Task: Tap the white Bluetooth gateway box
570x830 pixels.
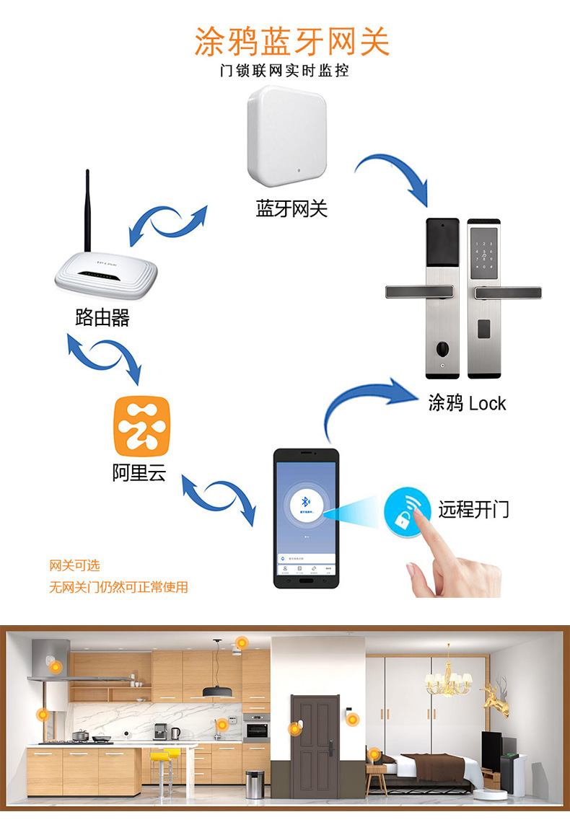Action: point(287,136)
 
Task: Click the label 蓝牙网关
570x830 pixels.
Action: point(291,209)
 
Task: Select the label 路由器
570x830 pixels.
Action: point(102,317)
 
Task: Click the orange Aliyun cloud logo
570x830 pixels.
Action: point(141,426)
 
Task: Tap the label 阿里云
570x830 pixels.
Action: point(139,473)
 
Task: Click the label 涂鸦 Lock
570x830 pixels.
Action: point(467,403)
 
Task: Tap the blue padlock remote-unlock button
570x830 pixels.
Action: point(404,511)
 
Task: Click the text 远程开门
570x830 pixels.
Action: point(473,509)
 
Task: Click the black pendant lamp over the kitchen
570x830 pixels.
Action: point(216,690)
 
